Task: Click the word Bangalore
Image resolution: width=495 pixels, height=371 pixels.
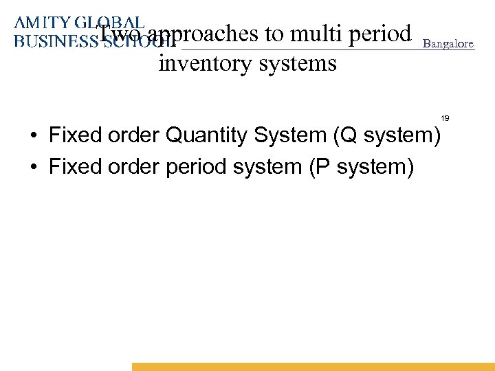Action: [x=448, y=43]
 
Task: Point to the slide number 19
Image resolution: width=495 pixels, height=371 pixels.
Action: [x=445, y=119]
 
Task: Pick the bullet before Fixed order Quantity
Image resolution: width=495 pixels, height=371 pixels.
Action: [x=33, y=135]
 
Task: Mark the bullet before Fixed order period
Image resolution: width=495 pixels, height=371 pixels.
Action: [x=33, y=167]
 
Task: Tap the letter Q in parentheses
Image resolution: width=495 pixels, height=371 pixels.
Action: [x=348, y=135]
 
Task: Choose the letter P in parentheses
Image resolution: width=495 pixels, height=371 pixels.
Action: [x=323, y=167]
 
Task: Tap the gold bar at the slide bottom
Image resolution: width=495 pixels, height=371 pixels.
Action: [x=313, y=367]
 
